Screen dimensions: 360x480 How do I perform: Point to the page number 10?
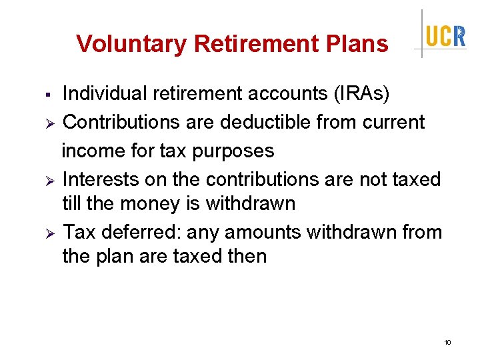pos(447,343)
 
